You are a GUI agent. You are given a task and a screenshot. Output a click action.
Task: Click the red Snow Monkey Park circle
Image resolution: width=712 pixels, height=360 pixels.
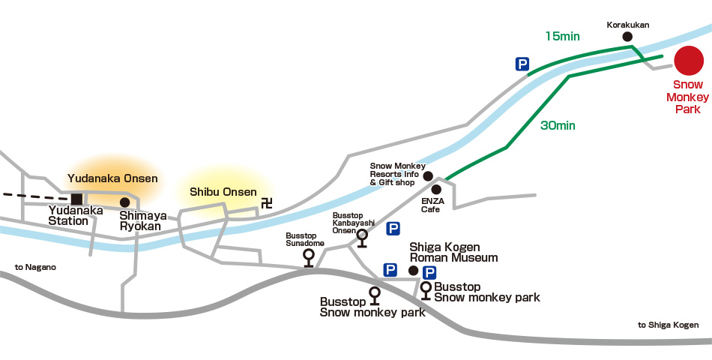(687, 60)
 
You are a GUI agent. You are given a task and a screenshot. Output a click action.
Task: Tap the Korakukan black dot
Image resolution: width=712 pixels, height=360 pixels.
(627, 36)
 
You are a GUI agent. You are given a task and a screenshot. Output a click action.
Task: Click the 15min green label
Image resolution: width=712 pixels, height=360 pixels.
(563, 36)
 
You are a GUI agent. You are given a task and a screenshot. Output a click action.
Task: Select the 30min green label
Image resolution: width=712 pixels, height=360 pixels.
(558, 126)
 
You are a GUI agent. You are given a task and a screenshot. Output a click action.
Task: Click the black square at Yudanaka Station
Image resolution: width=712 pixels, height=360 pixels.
(76, 199)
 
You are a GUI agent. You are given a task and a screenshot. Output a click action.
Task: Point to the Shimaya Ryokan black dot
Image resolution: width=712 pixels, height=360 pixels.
(124, 202)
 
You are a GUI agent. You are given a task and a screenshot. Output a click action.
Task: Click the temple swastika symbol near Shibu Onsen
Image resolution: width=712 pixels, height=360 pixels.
(266, 202)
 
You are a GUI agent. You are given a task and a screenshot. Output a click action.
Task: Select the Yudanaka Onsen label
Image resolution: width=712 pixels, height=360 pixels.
(112, 178)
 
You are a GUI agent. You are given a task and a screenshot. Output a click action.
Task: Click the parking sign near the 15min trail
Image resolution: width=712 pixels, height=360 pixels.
(522, 64)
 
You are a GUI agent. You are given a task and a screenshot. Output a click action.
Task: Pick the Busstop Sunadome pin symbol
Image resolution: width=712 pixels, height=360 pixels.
(308, 256)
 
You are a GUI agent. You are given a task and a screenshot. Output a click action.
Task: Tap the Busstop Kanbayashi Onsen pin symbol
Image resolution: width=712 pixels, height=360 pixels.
(362, 237)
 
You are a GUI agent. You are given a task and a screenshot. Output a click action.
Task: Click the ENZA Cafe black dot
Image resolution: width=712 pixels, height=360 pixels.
(436, 190)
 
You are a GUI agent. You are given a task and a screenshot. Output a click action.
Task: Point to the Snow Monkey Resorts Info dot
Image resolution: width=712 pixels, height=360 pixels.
(428, 176)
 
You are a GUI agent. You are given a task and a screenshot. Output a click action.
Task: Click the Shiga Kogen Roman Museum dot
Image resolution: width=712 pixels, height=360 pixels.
(412, 270)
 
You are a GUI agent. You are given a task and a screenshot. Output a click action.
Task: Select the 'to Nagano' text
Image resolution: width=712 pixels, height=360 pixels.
(35, 267)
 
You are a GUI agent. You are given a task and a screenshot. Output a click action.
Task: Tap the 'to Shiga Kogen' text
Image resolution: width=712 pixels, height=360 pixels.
(668, 325)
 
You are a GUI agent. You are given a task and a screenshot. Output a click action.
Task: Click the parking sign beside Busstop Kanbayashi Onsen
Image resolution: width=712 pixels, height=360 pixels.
(393, 229)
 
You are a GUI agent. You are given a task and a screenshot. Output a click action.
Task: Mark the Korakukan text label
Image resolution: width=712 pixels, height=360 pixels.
(627, 25)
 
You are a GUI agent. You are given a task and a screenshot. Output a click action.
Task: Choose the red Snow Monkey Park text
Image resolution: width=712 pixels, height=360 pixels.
(687, 97)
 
